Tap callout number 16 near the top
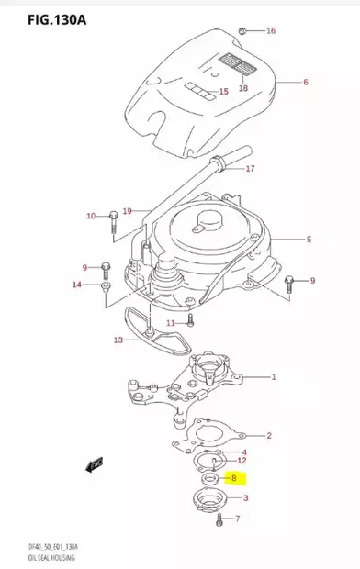tap(271, 31)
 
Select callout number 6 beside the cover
tap(305, 83)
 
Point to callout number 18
tap(243, 88)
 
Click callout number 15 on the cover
tap(223, 92)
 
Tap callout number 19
tap(128, 211)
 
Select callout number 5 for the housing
tap(309, 240)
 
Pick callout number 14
tap(77, 284)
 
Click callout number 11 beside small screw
tap(170, 324)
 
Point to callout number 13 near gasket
tap(118, 340)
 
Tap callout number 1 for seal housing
tap(273, 377)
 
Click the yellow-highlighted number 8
tap(235, 478)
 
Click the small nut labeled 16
tap(241, 30)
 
